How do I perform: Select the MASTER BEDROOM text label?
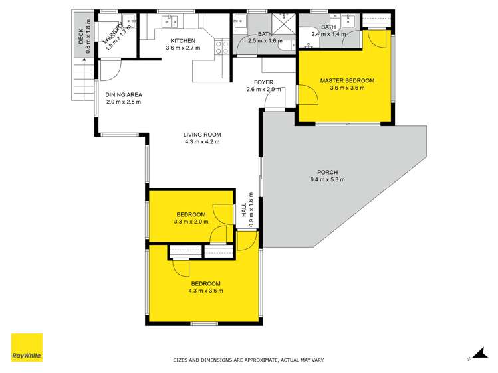[x=346, y=81]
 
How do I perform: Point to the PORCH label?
[x=327, y=172]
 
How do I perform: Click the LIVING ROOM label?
[x=201, y=135]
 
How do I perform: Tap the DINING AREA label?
[x=124, y=95]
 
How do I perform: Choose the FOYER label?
[x=259, y=82]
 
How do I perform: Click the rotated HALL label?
[x=244, y=211]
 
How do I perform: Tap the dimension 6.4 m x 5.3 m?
[x=327, y=180]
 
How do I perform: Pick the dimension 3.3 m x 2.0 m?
[x=189, y=222]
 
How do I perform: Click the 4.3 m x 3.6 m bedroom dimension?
[x=205, y=291]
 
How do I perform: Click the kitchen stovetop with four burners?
[x=221, y=46]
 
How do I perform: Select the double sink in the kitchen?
[x=169, y=22]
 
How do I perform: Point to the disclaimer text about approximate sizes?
[x=249, y=360]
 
